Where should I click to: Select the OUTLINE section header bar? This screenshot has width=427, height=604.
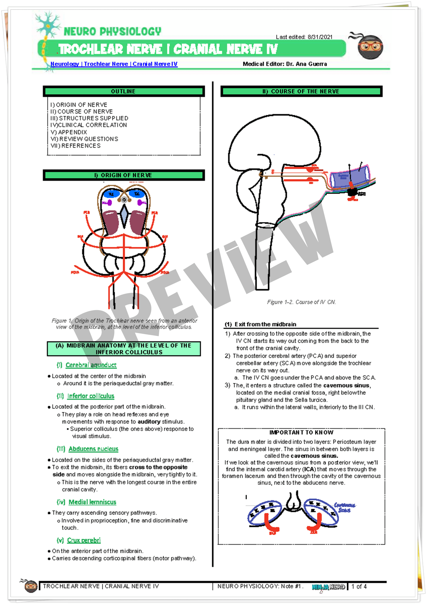click(x=124, y=91)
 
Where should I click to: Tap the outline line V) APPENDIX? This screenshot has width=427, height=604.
click(x=69, y=132)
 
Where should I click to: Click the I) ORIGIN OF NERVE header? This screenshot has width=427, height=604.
click(x=124, y=175)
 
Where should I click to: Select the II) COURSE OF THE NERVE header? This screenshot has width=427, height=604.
click(x=301, y=91)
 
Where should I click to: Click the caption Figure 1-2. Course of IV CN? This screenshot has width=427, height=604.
click(x=301, y=302)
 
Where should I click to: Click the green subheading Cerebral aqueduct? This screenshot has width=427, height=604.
click(x=91, y=365)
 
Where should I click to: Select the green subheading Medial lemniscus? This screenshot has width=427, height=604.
click(x=92, y=502)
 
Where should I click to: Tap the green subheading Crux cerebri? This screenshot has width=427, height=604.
click(x=84, y=540)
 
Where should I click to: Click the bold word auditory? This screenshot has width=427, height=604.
click(x=149, y=421)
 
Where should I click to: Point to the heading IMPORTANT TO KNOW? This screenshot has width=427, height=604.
click(x=301, y=432)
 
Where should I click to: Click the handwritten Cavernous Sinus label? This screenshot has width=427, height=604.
click(x=344, y=507)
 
